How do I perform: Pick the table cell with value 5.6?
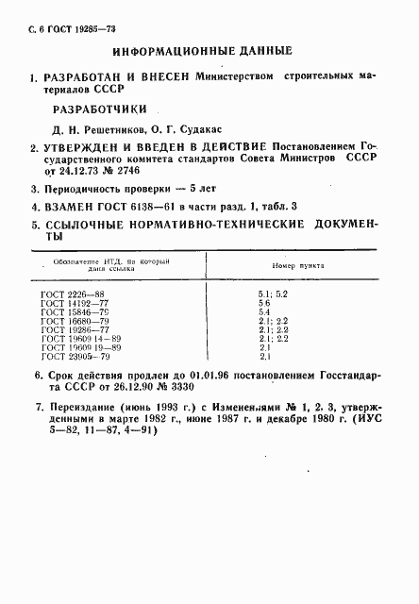pyautogui.click(x=264, y=303)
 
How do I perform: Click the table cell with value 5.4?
pyautogui.click(x=264, y=311)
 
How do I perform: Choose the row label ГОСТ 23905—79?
pyautogui.click(x=68, y=356)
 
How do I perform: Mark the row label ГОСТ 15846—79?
pyautogui.click(x=68, y=311)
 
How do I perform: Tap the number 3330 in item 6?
pyautogui.click(x=190, y=387)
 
